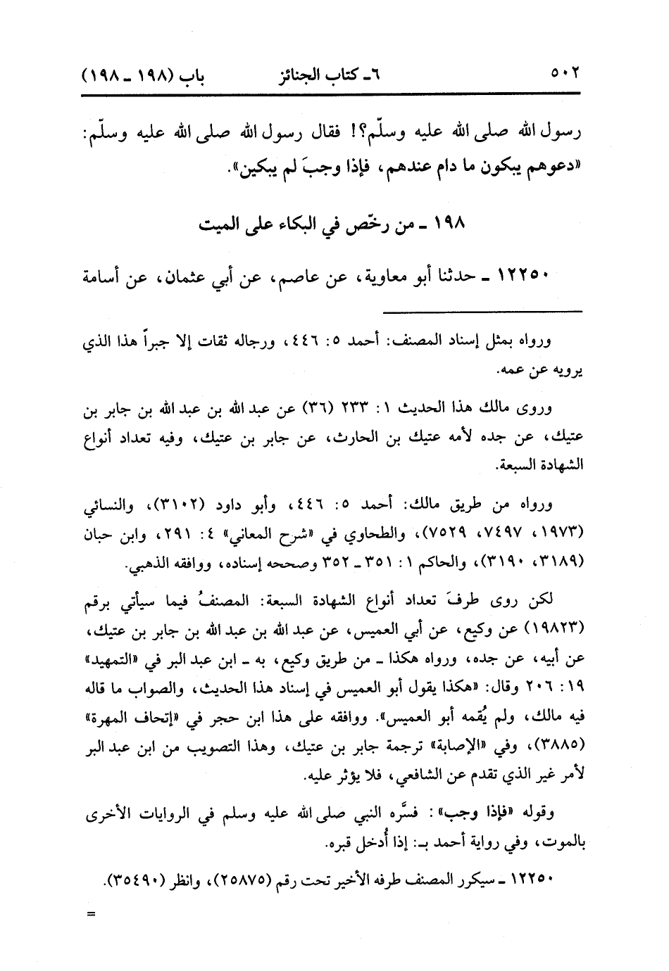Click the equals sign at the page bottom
(90, 915)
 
